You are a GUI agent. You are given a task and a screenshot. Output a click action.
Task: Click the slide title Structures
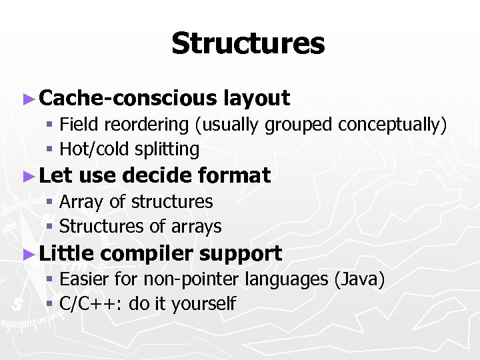click(247, 44)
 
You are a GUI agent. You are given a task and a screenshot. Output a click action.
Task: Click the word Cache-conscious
click(127, 99)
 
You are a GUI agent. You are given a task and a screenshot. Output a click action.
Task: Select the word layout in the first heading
click(257, 99)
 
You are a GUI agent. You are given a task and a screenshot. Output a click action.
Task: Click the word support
click(241, 254)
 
